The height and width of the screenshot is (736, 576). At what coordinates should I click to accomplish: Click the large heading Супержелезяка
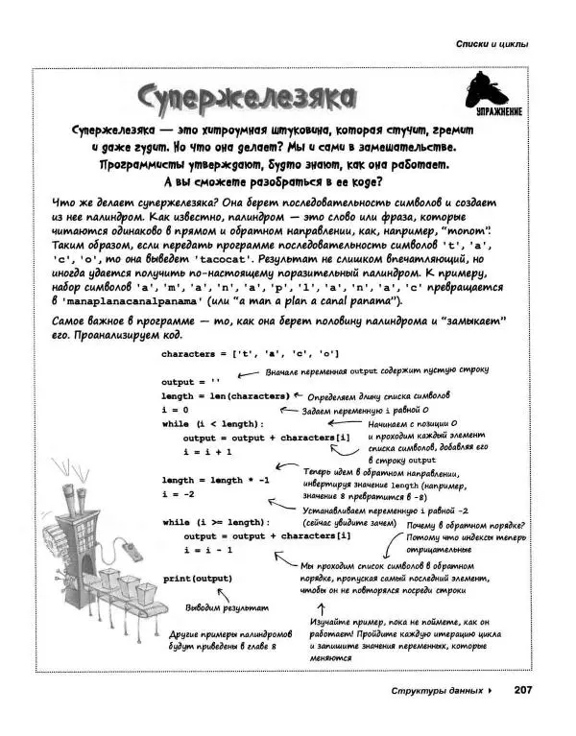click(x=245, y=96)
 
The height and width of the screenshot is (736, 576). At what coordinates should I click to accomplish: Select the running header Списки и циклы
click(x=492, y=44)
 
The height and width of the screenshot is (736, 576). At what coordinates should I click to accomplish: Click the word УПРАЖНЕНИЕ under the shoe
click(x=496, y=115)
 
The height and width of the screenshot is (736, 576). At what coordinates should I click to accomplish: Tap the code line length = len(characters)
click(x=225, y=395)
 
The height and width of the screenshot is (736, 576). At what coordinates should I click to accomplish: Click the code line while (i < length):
click(x=212, y=423)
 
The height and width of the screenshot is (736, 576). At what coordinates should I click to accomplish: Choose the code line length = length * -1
click(x=216, y=480)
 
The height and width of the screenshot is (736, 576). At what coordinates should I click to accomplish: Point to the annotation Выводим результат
click(x=228, y=608)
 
